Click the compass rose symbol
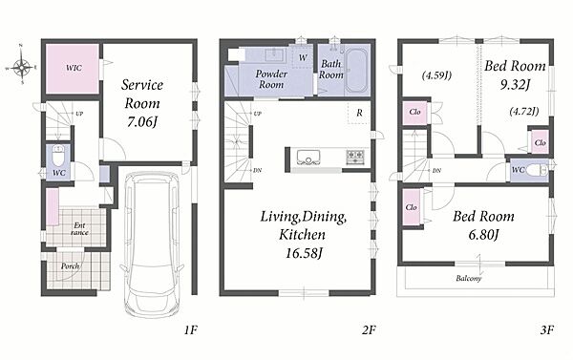tap(21, 66)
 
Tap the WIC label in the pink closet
tap(74, 68)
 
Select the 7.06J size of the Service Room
tap(141, 121)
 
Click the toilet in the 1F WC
tap(58, 156)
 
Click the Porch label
tap(70, 266)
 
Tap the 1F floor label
tap(190, 330)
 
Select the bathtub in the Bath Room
tap(357, 70)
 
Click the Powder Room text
tap(271, 79)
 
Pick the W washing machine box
tap(303, 57)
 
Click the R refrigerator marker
tap(359, 113)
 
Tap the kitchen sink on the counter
tap(308, 158)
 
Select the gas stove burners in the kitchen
tap(355, 158)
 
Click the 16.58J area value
tap(304, 253)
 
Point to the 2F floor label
tap(369, 330)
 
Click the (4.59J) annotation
tap(436, 75)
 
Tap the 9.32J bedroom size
tap(515, 85)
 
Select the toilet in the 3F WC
tap(539, 170)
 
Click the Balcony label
tap(469, 279)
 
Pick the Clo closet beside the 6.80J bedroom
tap(412, 207)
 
